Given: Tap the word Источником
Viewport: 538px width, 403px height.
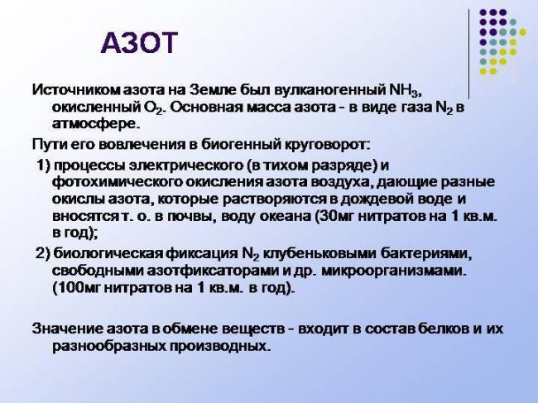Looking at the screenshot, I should coord(71,89).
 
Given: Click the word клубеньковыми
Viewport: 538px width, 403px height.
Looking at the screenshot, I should coord(326,253).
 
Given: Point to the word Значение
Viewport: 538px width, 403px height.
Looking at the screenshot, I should coord(67,329).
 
